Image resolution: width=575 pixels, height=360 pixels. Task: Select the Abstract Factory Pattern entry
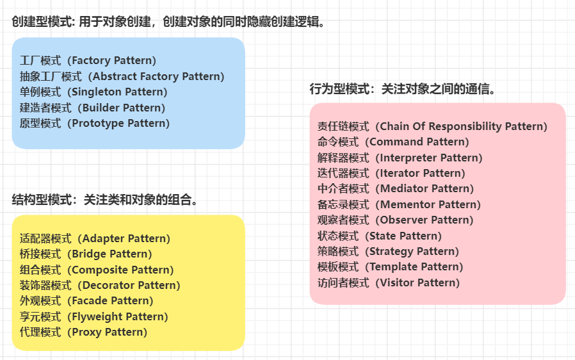(122, 76)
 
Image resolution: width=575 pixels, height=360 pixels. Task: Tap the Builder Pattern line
(92, 108)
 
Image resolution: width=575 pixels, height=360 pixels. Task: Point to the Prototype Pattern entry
(95, 123)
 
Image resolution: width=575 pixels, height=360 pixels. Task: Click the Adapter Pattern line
(95, 238)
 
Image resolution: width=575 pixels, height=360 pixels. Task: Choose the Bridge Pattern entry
(86, 254)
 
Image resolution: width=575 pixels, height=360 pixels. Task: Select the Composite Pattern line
(97, 270)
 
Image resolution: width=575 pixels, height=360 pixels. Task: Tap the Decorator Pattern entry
(100, 285)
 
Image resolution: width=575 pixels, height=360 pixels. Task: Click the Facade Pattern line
(86, 300)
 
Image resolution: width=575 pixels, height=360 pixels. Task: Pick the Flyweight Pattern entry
(93, 316)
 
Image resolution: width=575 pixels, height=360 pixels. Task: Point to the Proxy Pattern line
(83, 332)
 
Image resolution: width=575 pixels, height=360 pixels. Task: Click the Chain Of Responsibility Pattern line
(432, 126)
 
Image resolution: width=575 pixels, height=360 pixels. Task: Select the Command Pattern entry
(393, 142)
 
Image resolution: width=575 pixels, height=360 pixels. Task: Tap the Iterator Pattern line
(391, 173)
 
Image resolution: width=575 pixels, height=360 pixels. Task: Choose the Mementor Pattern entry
(398, 204)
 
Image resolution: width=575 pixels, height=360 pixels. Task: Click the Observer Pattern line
(395, 220)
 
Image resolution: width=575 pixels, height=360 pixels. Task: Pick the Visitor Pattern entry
(389, 282)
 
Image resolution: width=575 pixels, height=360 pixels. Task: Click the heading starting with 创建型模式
(169, 22)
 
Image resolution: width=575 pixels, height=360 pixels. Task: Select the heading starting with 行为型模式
(403, 89)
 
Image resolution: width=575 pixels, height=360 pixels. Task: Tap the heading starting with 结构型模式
(105, 200)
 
